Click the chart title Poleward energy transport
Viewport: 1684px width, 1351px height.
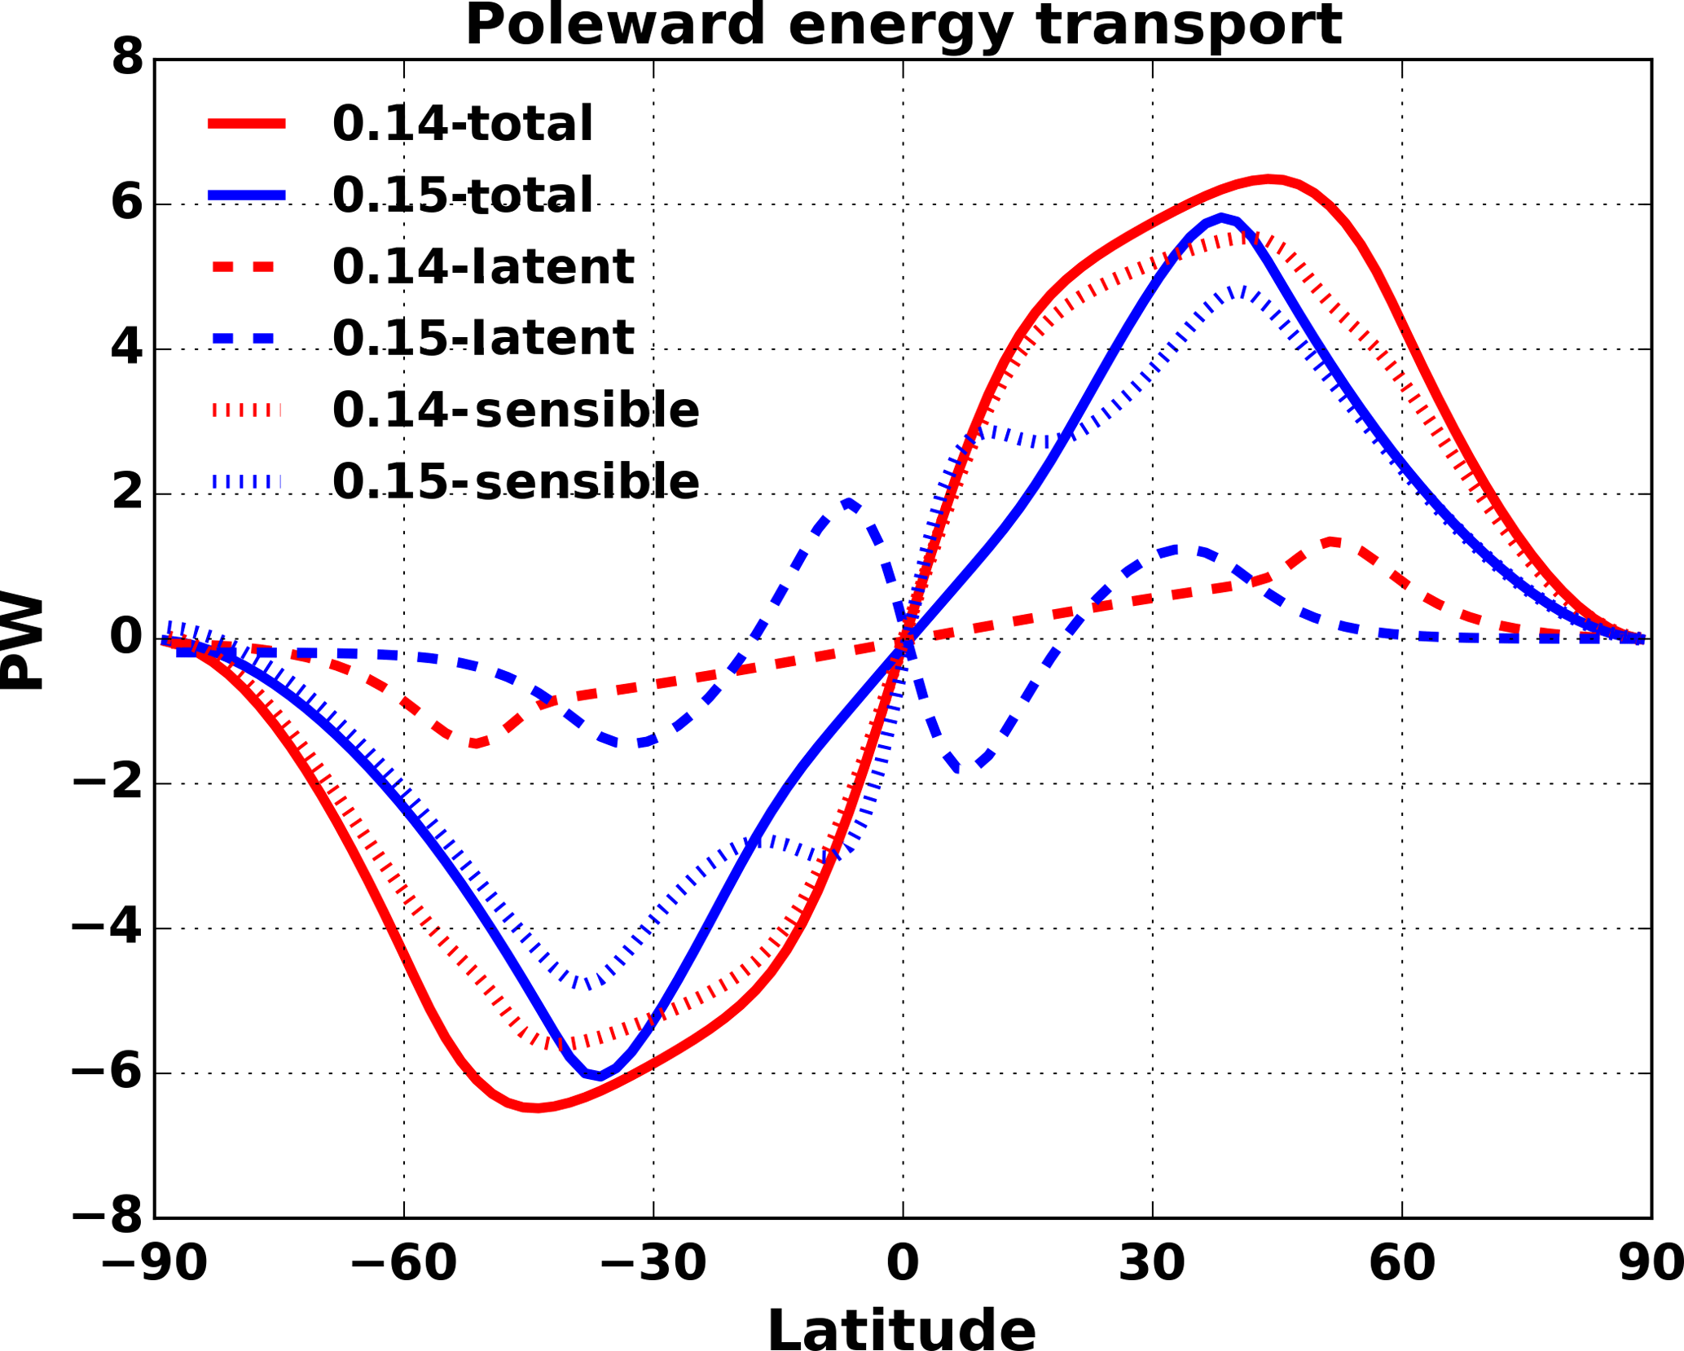pyautogui.click(x=903, y=25)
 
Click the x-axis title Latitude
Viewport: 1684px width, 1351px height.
pyautogui.click(x=902, y=1330)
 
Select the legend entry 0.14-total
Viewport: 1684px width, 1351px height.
pyautogui.click(x=462, y=124)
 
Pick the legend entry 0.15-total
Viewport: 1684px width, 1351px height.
pyautogui.click(x=462, y=195)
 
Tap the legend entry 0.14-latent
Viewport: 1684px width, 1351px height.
pyautogui.click(x=482, y=266)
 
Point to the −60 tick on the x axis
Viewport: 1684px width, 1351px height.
pyautogui.click(x=403, y=1265)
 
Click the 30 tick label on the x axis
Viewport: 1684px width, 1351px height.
pyautogui.click(x=1152, y=1265)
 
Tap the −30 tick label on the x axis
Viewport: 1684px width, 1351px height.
pyautogui.click(x=653, y=1265)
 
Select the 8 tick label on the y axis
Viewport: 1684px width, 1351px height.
pyautogui.click(x=127, y=59)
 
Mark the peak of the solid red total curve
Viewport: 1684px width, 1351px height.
pyautogui.click(x=1268, y=178)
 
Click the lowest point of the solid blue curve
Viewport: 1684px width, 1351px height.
pyautogui.click(x=600, y=1077)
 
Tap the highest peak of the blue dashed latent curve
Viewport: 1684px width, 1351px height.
pyautogui.click(x=848, y=502)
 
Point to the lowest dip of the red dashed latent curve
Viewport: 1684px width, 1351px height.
pyautogui.click(x=475, y=743)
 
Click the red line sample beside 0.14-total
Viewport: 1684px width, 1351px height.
pyautogui.click(x=247, y=124)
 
